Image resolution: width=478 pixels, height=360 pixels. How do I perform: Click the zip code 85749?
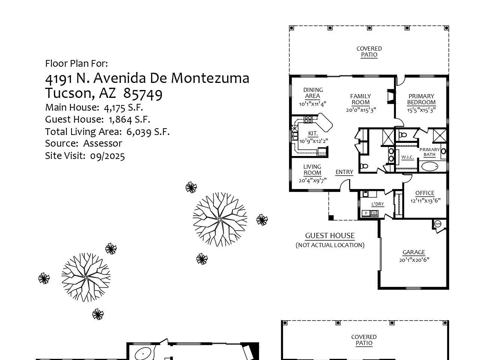[x=142, y=94]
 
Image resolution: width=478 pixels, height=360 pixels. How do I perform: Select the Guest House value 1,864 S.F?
[x=129, y=119]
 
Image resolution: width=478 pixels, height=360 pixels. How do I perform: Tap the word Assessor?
[x=103, y=143]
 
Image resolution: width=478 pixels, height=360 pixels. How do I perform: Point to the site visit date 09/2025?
[x=108, y=156]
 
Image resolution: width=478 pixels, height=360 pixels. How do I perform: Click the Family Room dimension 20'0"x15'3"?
[x=361, y=110]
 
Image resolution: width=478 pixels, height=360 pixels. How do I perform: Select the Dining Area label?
[x=313, y=93]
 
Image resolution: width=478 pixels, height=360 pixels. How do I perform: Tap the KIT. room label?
[x=313, y=133]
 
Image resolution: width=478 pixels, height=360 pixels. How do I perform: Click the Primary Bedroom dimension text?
[x=421, y=110]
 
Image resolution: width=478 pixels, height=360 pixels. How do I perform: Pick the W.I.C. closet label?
[x=408, y=157]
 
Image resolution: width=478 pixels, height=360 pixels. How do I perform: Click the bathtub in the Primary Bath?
[x=430, y=166]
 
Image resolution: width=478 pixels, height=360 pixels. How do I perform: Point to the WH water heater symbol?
[x=438, y=223]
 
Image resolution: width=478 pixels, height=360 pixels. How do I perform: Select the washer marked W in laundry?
[x=374, y=213]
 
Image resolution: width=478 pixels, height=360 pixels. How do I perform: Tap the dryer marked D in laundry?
[x=366, y=213]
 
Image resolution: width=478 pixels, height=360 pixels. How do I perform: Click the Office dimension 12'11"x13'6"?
[x=425, y=200]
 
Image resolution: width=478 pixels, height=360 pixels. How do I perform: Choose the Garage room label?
[x=414, y=252]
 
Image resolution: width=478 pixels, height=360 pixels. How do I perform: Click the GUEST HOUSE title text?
[x=330, y=235]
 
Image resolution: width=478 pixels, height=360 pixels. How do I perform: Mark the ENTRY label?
[x=344, y=172]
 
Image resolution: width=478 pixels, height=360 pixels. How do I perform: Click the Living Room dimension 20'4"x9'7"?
[x=313, y=180]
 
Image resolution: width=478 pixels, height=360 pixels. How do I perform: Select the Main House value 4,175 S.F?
[x=123, y=108]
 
